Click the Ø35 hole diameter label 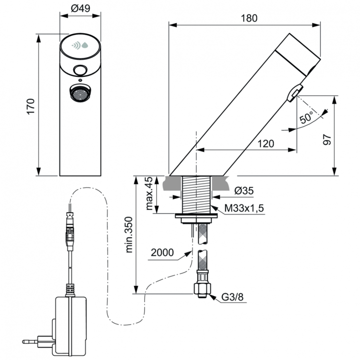tap(244, 191)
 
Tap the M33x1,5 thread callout tap(245, 209)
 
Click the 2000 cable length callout tap(160, 252)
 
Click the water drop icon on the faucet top tap(85, 46)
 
